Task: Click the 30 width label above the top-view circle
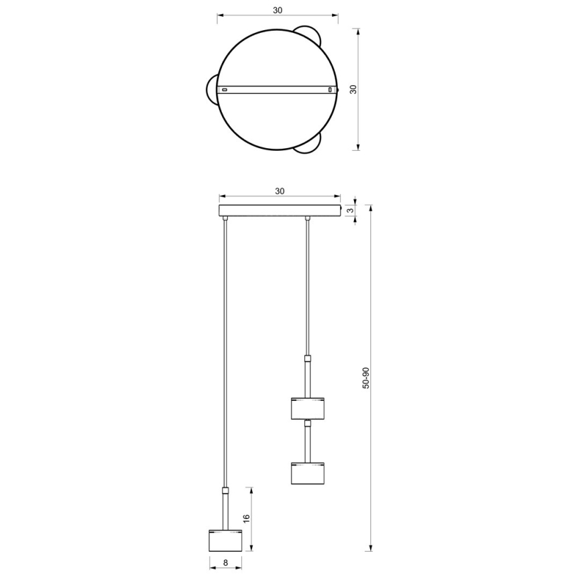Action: [x=278, y=10]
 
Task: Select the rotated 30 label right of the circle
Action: [x=366, y=89]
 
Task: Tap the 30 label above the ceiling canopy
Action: [x=280, y=190]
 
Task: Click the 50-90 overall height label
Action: [x=366, y=378]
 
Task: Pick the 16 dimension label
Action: [x=245, y=518]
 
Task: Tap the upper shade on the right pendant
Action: [x=308, y=408]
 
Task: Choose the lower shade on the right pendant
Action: [x=308, y=473]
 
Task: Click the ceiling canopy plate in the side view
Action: [x=280, y=211]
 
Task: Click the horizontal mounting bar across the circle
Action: [x=278, y=89]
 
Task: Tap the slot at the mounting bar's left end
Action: [x=225, y=89]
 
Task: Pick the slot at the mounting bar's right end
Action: [x=330, y=89]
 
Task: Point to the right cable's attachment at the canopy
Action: [x=308, y=219]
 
